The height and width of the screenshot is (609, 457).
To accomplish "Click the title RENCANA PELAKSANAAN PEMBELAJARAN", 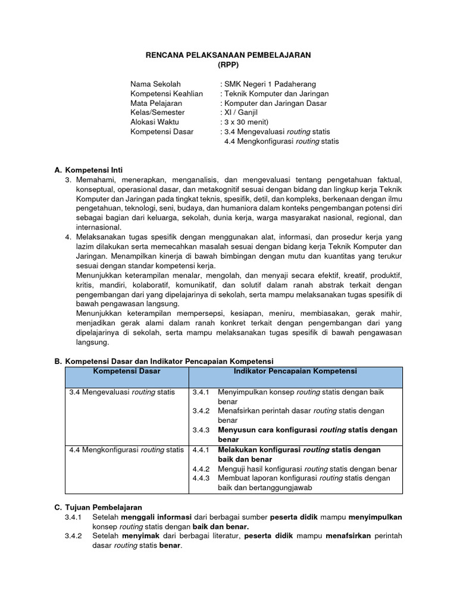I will tap(228, 55).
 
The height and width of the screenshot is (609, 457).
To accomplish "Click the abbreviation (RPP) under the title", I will tap(228, 64).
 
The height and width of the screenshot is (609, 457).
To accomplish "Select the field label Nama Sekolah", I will tap(155, 84).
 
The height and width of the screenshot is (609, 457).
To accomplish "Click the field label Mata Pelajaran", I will tap(156, 103).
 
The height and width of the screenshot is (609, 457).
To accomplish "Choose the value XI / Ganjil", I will tap(242, 112).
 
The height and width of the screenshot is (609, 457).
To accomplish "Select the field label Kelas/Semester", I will tap(158, 112).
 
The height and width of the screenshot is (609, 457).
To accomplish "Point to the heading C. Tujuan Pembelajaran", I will tap(98, 507).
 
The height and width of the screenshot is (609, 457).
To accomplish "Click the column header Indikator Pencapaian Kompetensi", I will tap(295, 371).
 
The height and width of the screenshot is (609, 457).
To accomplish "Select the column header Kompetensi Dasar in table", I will tap(127, 371).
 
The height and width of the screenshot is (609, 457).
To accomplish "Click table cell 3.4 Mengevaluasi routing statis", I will tap(122, 393).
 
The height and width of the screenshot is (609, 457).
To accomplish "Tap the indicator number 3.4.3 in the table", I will tap(202, 430).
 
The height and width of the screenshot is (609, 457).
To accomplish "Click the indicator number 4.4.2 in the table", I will tap(202, 469).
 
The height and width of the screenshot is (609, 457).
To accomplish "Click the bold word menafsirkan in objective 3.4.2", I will tap(348, 536).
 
